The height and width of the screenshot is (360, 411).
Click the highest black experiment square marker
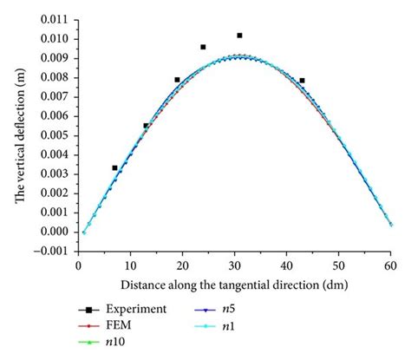pos(239,36)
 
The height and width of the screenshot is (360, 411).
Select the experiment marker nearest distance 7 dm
pos(114,167)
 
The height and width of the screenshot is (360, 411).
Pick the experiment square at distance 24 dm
pos(203,47)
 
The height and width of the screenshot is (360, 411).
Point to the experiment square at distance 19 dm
pos(177,80)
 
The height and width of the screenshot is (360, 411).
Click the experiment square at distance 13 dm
pos(146,126)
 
